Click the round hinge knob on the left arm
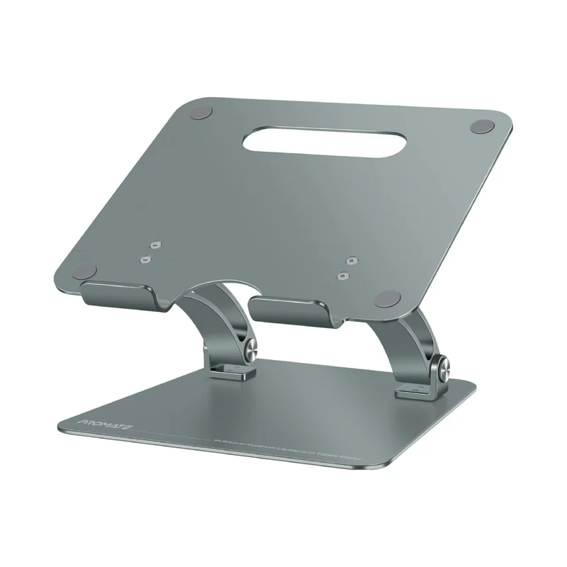coord(253,348)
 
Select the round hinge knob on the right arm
coord(446,369)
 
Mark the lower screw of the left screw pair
coord(145,259)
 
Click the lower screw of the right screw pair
coord(343,275)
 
